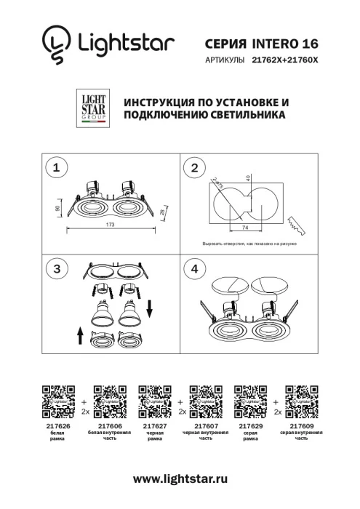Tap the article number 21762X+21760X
pyautogui.click(x=285, y=62)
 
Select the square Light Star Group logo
pyautogui.click(x=91, y=108)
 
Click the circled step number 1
pyautogui.click(x=54, y=169)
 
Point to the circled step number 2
pyautogui.click(x=194, y=169)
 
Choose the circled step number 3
pyautogui.click(x=54, y=268)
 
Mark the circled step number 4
pyautogui.click(x=194, y=268)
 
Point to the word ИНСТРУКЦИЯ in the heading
pyautogui.click(x=161, y=103)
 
